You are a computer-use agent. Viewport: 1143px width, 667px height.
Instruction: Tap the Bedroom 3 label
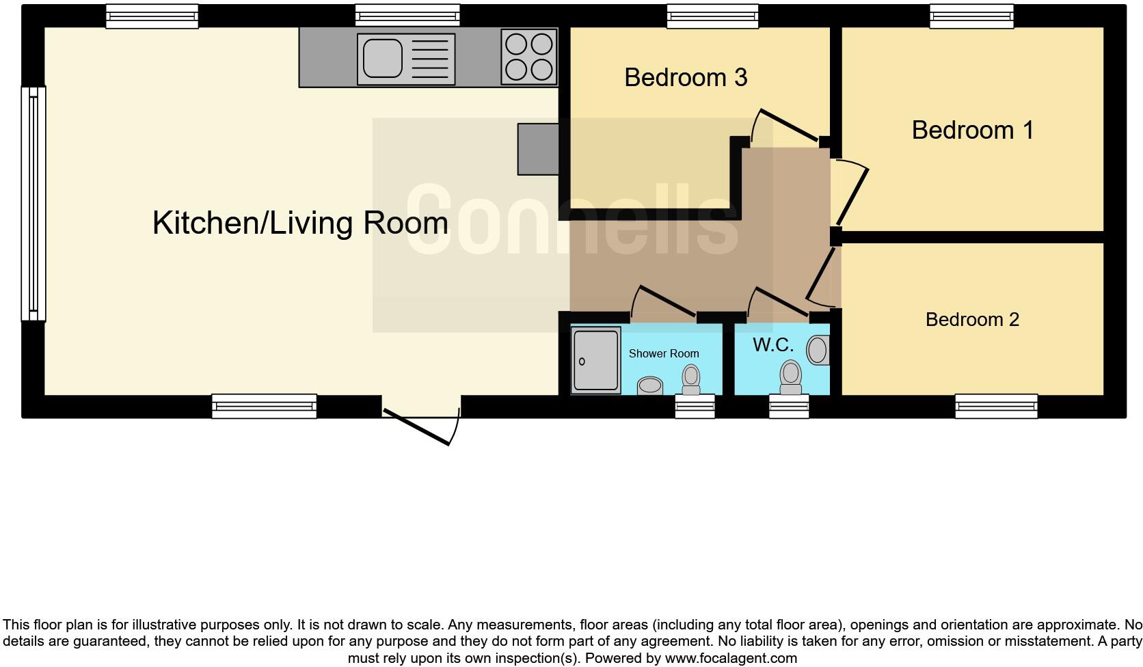[x=685, y=77]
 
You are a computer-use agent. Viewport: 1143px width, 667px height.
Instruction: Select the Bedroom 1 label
[x=972, y=130]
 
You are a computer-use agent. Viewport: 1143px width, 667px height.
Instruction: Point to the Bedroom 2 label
[x=971, y=319]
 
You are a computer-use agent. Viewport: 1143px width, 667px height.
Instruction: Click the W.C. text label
[x=772, y=345]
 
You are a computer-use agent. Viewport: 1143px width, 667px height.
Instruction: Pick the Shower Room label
[x=663, y=353]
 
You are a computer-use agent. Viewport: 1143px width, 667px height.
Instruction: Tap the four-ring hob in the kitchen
[x=528, y=57]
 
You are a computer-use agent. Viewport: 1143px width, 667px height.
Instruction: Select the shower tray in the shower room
[x=595, y=360]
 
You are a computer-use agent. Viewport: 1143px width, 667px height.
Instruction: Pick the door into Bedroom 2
[x=822, y=277]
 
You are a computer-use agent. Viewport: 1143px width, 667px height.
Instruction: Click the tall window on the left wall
[x=33, y=204]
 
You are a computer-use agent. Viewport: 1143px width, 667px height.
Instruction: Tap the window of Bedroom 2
[x=996, y=407]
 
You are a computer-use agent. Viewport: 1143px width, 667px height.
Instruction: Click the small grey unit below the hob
[x=538, y=149]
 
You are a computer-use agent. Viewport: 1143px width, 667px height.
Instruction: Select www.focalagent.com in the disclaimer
[x=730, y=659]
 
